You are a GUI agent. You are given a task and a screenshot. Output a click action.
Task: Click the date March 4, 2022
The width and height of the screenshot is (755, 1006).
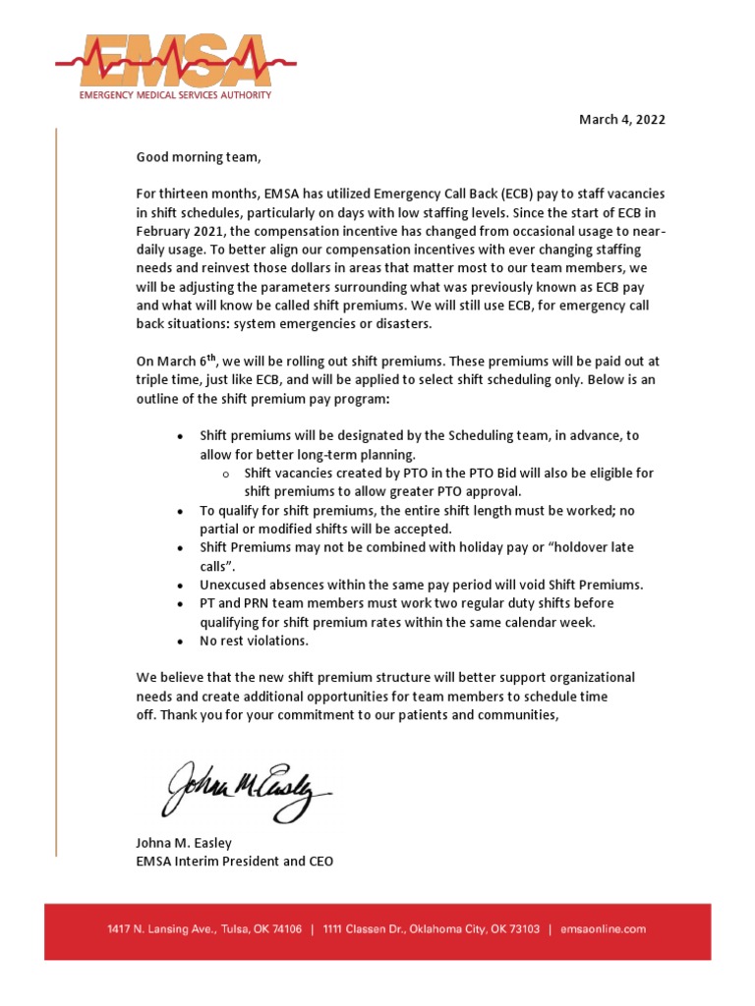tap(621, 120)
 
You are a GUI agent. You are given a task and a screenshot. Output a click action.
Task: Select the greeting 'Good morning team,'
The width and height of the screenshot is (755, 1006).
tap(200, 156)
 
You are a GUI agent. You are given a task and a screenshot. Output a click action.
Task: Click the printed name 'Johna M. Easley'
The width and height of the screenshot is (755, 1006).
tap(184, 843)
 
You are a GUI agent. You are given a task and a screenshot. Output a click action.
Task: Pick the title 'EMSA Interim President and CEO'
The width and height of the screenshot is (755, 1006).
tap(235, 862)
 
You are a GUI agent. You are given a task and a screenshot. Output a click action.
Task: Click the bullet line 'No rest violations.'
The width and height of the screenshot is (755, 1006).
tap(254, 641)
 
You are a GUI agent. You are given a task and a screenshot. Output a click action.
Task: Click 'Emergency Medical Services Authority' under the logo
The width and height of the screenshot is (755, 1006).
tap(176, 96)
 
